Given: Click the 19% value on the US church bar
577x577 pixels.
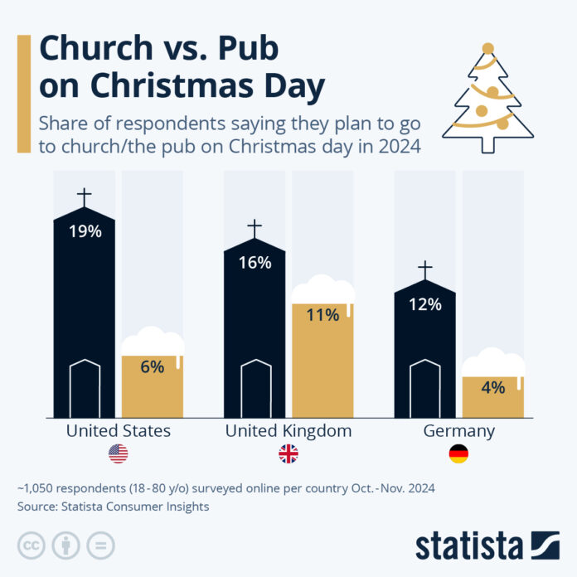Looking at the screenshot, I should pos(84,231).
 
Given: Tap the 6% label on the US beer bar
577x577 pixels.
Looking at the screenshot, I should pos(152,366).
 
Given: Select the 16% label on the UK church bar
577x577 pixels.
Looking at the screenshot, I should pos(255,262).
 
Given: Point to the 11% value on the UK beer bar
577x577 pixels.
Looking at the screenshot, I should pos(322,315).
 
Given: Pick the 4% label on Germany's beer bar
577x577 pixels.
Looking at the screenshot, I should pos(492,387).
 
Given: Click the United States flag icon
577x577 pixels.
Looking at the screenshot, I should pos(118,454).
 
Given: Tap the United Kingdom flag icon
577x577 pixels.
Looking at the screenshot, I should pos(288,454).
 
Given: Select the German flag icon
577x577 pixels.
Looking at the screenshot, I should pos(458,454).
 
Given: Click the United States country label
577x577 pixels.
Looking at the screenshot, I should pos(118,431).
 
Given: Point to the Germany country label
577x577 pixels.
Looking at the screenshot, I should pos(458,431).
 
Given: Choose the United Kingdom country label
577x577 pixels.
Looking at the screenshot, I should pos(288,431).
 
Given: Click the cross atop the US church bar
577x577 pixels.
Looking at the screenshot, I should pos(84,198).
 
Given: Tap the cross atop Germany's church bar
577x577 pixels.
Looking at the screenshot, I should pos(424,270).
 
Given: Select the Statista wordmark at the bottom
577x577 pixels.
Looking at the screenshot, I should pos(468,547).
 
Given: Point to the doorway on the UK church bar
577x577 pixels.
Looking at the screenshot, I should pos(255,388).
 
